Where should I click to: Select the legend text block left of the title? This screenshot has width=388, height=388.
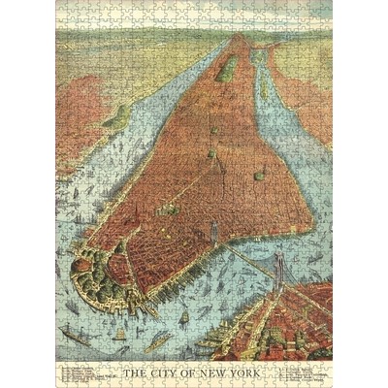coord(87,372)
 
